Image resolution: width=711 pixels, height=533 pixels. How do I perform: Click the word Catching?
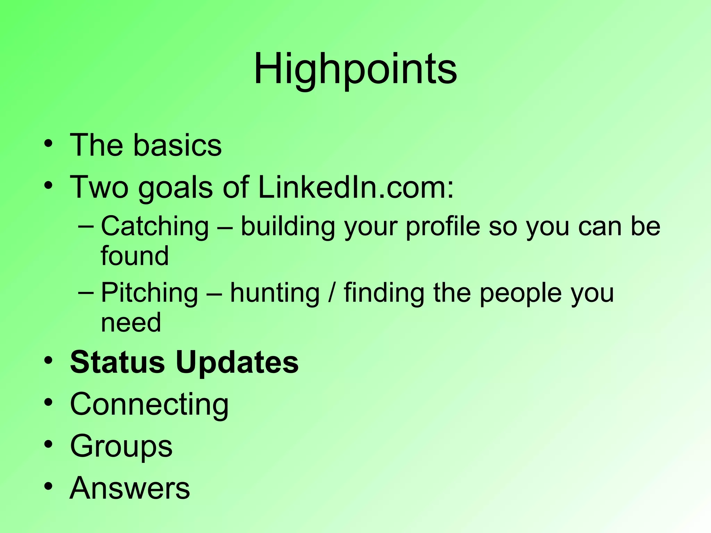pyautogui.click(x=155, y=226)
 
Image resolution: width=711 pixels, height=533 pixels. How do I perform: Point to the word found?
pyautogui.click(x=135, y=256)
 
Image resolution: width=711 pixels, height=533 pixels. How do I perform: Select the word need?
pyautogui.click(x=131, y=322)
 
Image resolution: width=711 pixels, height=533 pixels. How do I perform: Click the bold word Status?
pyautogui.click(x=117, y=362)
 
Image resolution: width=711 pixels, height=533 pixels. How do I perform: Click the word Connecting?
pyautogui.click(x=149, y=405)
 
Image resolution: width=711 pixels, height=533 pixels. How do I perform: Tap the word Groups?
pyautogui.click(x=121, y=447)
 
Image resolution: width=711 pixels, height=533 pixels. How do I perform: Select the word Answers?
pyautogui.click(x=130, y=488)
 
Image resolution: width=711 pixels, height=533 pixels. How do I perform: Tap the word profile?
pyautogui.click(x=443, y=226)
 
